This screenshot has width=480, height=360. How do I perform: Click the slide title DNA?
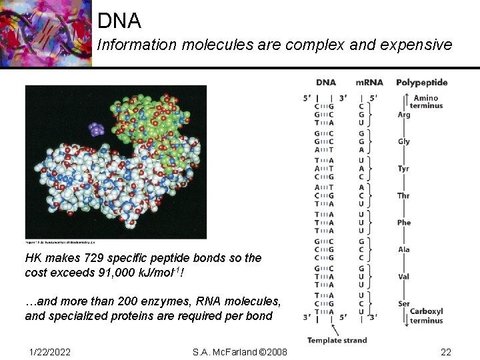(119, 21)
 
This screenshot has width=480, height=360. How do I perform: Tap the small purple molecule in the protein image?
(97, 129)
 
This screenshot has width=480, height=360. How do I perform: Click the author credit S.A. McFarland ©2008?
(240, 351)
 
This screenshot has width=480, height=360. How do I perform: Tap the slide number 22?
(445, 351)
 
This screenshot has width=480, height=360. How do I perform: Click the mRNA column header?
(369, 83)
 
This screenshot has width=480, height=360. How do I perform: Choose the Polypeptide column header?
(422, 83)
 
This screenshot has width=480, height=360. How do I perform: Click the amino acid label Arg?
(404, 115)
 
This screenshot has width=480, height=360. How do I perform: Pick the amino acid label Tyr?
(404, 169)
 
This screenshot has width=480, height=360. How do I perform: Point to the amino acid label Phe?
(404, 223)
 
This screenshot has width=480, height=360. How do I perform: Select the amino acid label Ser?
(404, 303)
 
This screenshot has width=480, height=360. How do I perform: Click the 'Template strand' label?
(337, 340)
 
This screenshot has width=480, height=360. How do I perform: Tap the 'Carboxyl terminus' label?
(426, 315)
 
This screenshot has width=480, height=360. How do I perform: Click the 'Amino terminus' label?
(426, 102)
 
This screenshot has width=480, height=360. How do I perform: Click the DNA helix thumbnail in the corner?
(45, 33)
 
